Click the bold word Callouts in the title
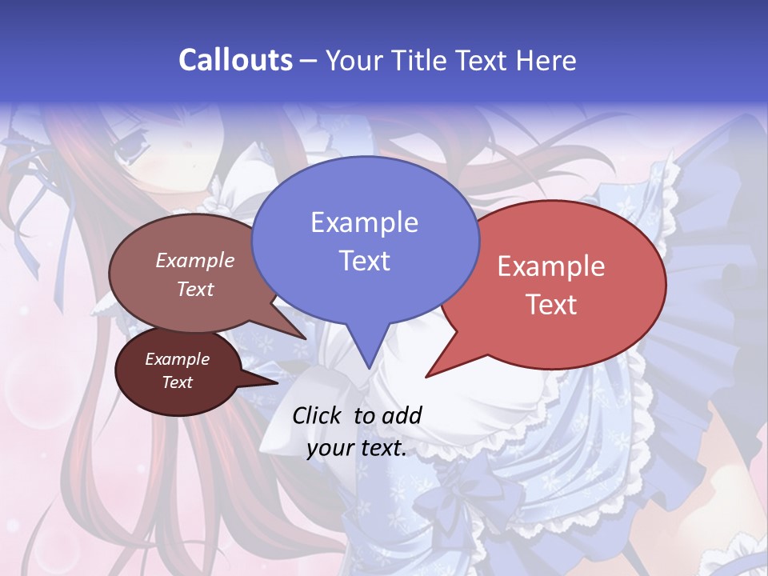pyautogui.click(x=235, y=60)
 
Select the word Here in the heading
pyautogui.click(x=546, y=60)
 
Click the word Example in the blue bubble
pyautogui.click(x=364, y=222)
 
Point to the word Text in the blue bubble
pyautogui.click(x=364, y=261)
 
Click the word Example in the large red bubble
pyautogui.click(x=551, y=266)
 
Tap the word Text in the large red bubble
pyautogui.click(x=551, y=305)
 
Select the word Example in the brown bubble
pyautogui.click(x=195, y=261)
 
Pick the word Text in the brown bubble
pyautogui.click(x=195, y=290)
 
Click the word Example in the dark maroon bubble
pyautogui.click(x=178, y=359)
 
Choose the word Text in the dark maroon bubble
pyautogui.click(x=178, y=382)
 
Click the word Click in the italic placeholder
pyautogui.click(x=318, y=415)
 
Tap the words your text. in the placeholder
pyautogui.click(x=357, y=448)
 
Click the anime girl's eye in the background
pyautogui.click(x=129, y=146)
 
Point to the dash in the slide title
pyautogui.click(x=310, y=61)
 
